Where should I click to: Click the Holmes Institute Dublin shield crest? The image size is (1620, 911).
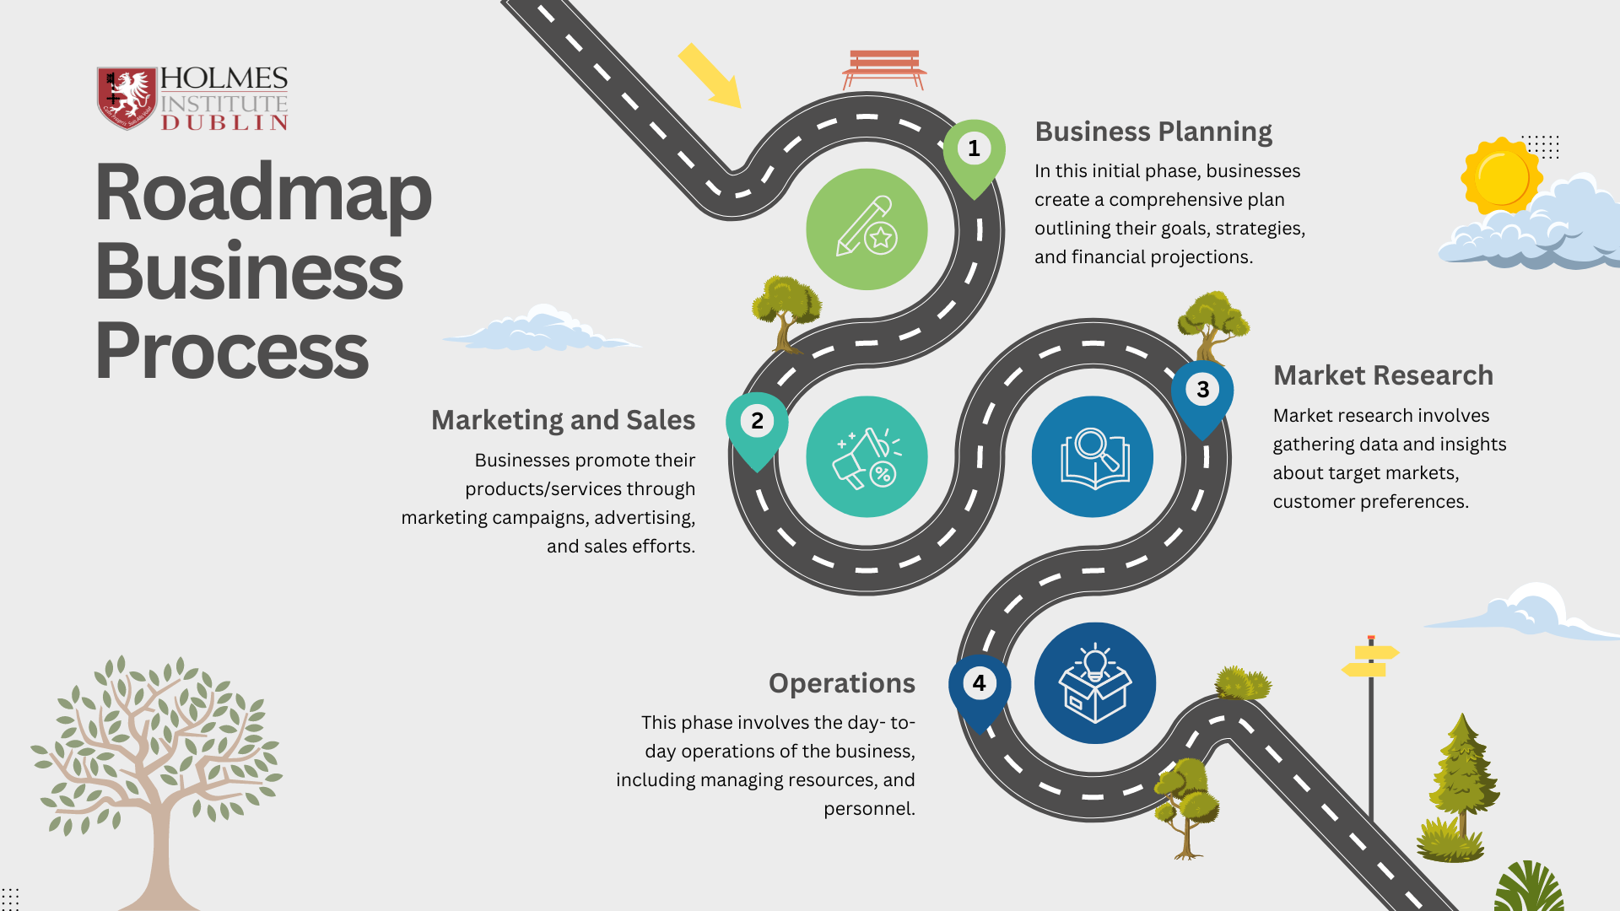coord(127,98)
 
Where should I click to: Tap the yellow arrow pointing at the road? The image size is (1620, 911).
coord(710,76)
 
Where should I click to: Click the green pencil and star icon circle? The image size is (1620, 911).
coord(867,229)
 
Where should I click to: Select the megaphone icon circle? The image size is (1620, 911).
coord(867,456)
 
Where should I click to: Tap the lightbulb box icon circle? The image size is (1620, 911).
coord(1095,683)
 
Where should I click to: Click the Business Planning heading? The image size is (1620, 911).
coord(1153,132)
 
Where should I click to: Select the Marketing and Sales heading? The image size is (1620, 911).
coord(563,420)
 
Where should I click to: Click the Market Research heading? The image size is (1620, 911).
coord(1383,375)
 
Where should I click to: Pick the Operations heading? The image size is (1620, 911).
coord(842,683)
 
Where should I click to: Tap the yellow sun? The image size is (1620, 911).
coord(1502,176)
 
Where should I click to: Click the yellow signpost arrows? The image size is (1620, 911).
coord(1370,660)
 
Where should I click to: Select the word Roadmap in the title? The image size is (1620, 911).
coord(263,194)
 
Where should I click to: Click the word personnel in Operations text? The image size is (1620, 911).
coord(869,809)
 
